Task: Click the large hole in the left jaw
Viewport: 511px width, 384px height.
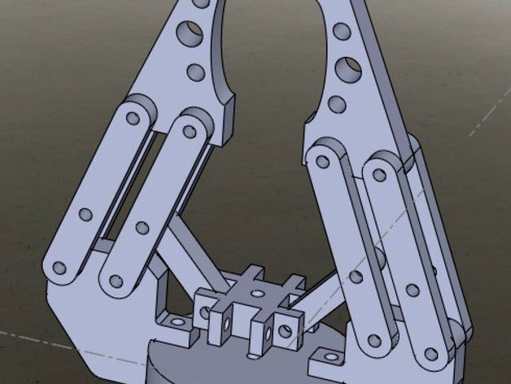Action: (x=190, y=33)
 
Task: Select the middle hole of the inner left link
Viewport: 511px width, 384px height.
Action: (x=142, y=227)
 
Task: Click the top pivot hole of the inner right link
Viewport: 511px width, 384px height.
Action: (x=321, y=156)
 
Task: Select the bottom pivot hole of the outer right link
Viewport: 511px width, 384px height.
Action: (x=430, y=352)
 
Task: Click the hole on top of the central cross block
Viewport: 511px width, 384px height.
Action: (x=257, y=291)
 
